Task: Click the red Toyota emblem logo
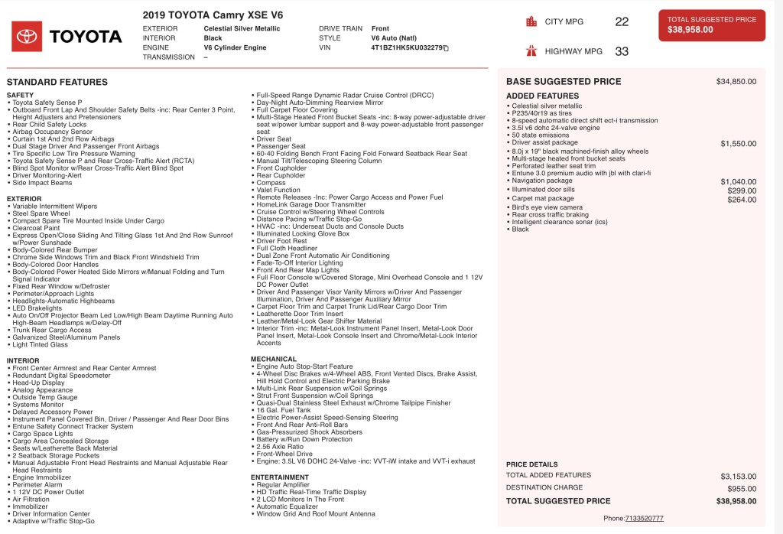27,36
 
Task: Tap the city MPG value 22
622,22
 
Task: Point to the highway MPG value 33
622,52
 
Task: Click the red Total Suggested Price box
711,25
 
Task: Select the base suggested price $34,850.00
736,81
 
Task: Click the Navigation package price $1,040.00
738,181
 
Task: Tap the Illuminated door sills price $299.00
742,190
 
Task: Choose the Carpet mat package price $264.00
742,200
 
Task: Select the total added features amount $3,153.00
738,476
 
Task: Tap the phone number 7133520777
644,518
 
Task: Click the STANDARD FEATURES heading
57,82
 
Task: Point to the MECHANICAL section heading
274,359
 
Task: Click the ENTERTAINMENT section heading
280,477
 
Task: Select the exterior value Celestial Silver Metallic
242,28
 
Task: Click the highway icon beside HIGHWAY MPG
531,51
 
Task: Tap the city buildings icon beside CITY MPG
531,21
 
